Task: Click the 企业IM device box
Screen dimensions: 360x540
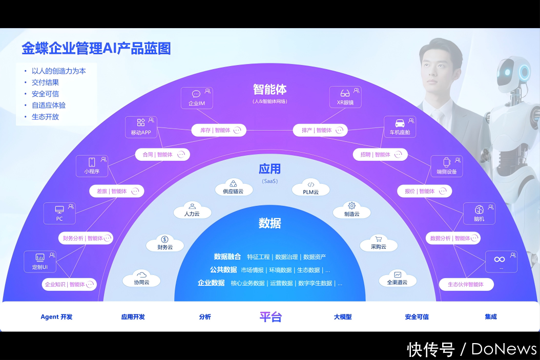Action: [196, 98]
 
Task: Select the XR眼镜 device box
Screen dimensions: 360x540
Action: [345, 97]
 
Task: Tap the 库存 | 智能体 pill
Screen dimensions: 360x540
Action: [219, 130]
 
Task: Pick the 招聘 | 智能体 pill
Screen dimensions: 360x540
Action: [380, 154]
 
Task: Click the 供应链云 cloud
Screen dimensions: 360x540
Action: [233, 187]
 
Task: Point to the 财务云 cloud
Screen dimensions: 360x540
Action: [164, 243]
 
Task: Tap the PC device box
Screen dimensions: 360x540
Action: [59, 214]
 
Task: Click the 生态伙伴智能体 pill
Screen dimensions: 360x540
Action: [466, 284]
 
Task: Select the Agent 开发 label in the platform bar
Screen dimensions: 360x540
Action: [56, 317]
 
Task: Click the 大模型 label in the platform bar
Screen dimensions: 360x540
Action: [343, 317]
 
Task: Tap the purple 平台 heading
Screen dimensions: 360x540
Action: [271, 317]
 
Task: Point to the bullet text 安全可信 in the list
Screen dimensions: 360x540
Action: [45, 94]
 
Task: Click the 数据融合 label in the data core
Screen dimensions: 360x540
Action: [227, 257]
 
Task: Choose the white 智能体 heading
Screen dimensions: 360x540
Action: [269, 89]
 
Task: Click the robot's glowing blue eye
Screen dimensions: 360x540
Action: [524, 72]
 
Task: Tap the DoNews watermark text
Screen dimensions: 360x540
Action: [504, 349]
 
